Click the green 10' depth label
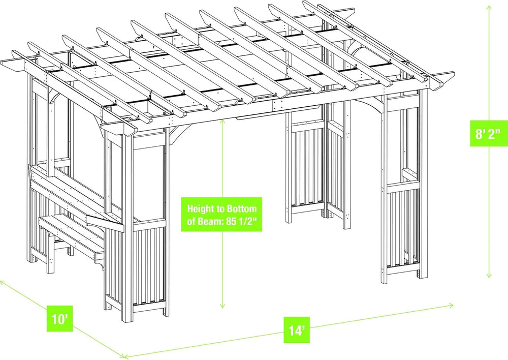(x=59, y=320)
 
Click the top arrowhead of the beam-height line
(x=223, y=122)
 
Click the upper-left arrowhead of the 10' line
(x=2, y=280)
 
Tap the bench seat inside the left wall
(x=71, y=231)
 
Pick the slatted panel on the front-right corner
(x=401, y=229)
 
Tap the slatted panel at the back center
(x=305, y=168)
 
